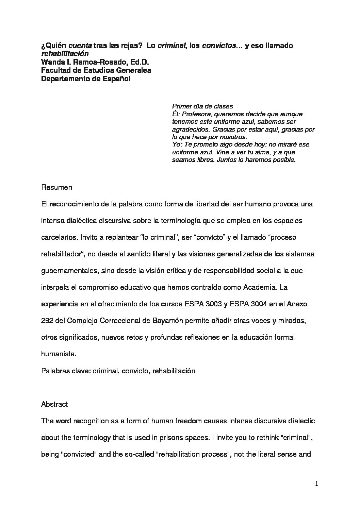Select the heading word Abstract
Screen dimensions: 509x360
point(54,404)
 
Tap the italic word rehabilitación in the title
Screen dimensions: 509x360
point(65,54)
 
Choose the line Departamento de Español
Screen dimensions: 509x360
point(86,79)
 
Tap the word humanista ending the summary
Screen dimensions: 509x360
point(58,354)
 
